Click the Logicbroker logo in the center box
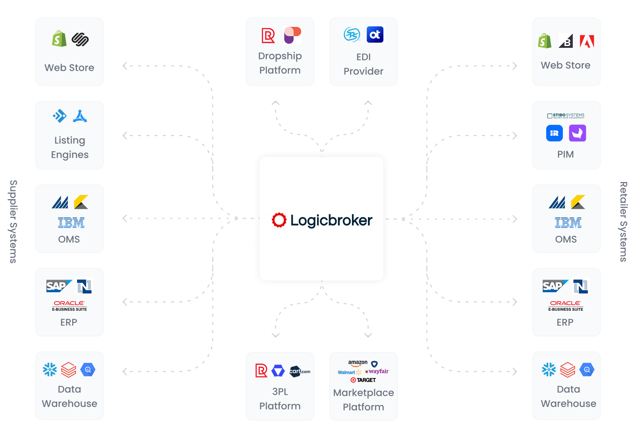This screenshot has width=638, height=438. pos(322,220)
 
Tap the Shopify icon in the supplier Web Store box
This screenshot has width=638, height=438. pos(59,39)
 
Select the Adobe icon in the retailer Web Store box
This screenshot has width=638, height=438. pos(587,41)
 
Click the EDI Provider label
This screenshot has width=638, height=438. pos(363,64)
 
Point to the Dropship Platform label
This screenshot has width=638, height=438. pos(280,63)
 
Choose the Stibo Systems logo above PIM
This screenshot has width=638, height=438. pos(566,116)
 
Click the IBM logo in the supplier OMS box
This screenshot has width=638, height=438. pos(71,223)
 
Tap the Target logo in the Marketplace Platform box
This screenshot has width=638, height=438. pos(363,380)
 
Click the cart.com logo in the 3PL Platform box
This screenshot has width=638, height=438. pos(300,371)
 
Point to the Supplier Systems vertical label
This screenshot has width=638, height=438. pos(13,221)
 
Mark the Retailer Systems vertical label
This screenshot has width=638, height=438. pos(623,221)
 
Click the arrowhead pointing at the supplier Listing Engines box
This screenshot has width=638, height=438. pos(125,135)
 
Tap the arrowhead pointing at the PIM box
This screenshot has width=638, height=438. pos(515,135)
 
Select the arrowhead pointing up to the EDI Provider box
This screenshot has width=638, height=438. pos(368,103)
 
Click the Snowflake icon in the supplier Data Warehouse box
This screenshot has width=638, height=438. pos(50,369)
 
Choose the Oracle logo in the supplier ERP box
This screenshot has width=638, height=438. pos(69,303)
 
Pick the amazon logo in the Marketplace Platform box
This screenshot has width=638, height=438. pos(358,363)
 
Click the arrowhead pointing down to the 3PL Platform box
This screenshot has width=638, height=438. pos(275,335)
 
